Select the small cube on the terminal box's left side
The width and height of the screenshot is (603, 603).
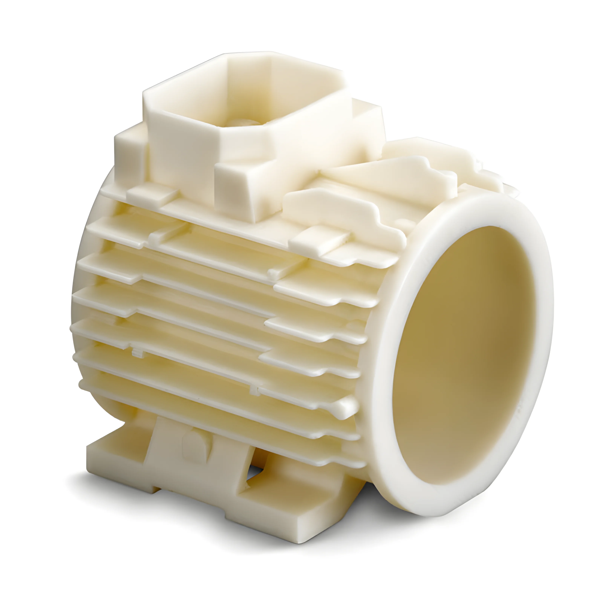129,153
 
